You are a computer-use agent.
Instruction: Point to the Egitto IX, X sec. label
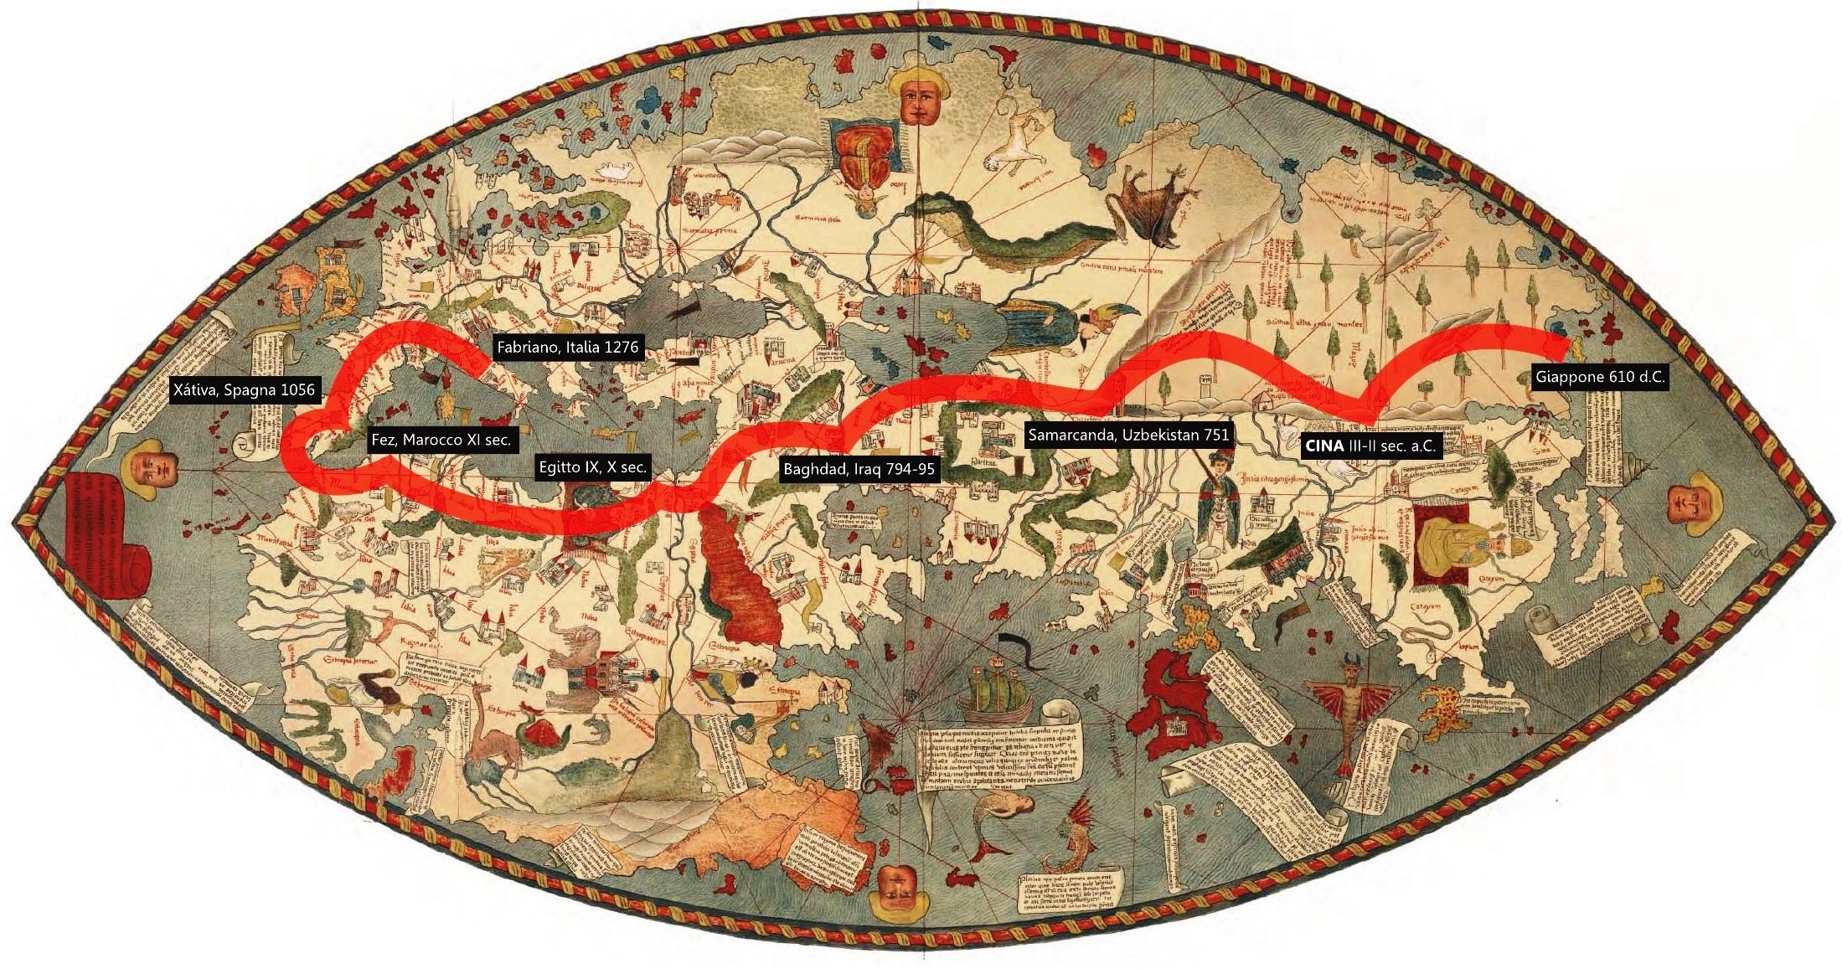593,467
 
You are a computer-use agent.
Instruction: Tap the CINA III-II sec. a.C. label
1369,446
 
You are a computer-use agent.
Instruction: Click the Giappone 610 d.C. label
1599,377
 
